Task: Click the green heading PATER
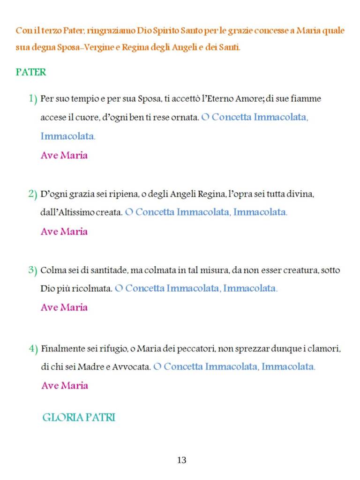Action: pyautogui.click(x=31, y=73)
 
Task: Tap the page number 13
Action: pyautogui.click(x=182, y=460)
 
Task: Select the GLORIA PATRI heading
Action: pyautogui.click(x=79, y=417)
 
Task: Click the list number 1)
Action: pyautogui.click(x=32, y=99)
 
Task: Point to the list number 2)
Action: pyautogui.click(x=32, y=194)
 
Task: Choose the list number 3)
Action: pyautogui.click(x=32, y=270)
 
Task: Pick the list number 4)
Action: pyautogui.click(x=33, y=348)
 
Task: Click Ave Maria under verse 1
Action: pyautogui.click(x=64, y=155)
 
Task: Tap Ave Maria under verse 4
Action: pyautogui.click(x=65, y=385)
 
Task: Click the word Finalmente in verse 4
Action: pyautogui.click(x=61, y=349)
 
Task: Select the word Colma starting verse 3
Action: pyautogui.click(x=51, y=270)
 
